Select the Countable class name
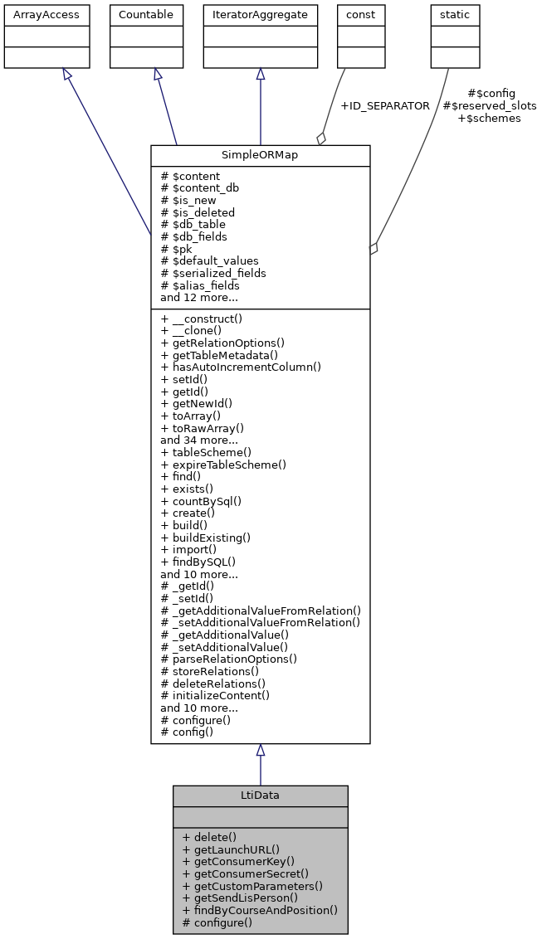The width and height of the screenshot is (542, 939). click(x=146, y=15)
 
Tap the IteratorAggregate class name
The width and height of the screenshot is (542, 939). click(x=260, y=15)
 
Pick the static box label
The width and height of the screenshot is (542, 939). click(x=455, y=15)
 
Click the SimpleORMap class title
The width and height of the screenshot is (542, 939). click(x=260, y=156)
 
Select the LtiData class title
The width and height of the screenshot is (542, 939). click(x=260, y=795)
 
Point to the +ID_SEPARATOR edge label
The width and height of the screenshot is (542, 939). click(x=385, y=106)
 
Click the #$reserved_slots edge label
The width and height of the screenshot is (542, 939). click(x=490, y=106)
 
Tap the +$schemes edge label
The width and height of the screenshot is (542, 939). click(x=489, y=119)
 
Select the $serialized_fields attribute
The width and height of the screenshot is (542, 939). click(x=213, y=272)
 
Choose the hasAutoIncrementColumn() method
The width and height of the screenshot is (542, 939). click(x=241, y=367)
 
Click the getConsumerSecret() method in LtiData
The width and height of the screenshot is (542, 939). click(x=245, y=873)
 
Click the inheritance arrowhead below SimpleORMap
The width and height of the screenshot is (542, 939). click(x=260, y=750)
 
